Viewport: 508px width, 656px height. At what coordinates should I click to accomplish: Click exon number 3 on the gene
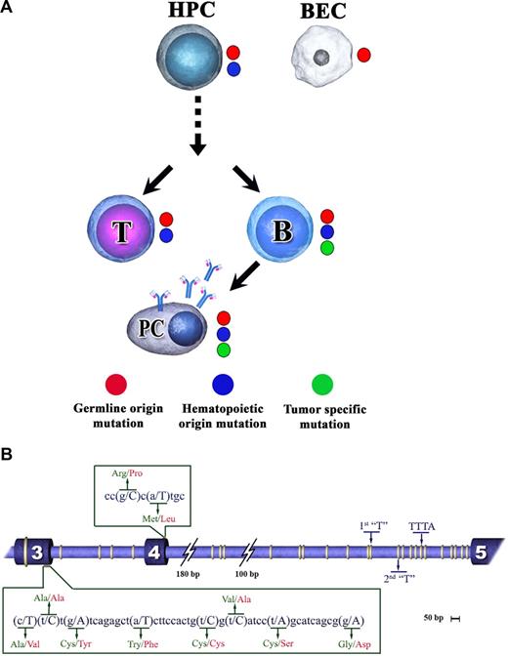pyautogui.click(x=36, y=552)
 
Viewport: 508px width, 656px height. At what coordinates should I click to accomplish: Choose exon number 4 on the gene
pyautogui.click(x=154, y=552)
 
